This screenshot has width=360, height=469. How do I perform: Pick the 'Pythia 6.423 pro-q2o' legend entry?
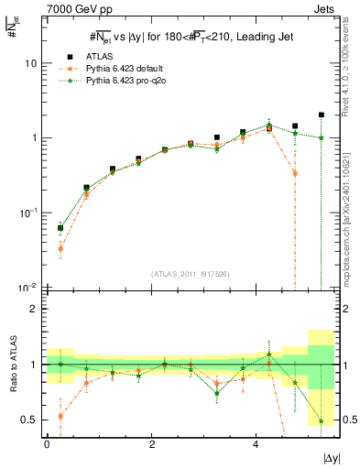(x=133, y=82)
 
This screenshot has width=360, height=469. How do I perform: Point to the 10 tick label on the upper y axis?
(x=30, y=64)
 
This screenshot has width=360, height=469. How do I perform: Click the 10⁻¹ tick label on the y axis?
(x=28, y=213)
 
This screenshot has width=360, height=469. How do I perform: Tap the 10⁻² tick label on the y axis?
(x=28, y=287)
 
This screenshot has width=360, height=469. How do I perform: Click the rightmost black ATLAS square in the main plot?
(x=322, y=115)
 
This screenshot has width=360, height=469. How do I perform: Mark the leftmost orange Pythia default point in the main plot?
(x=60, y=248)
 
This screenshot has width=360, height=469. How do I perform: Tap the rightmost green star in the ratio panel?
(x=322, y=420)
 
